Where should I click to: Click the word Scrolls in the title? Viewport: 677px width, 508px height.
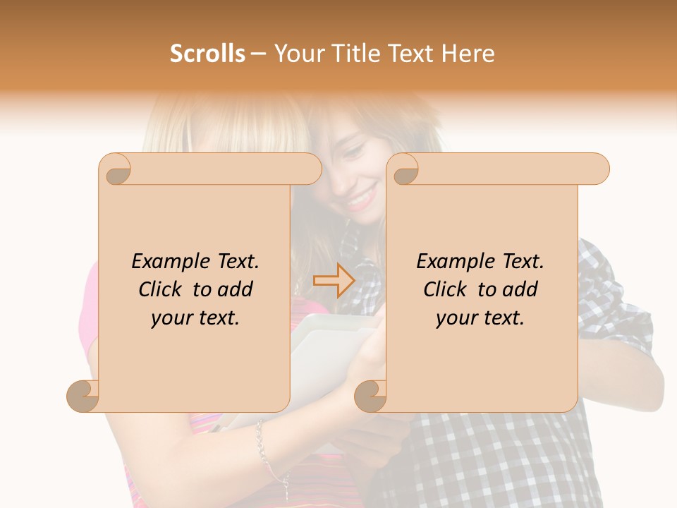click(x=207, y=54)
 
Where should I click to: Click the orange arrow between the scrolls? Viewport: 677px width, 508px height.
click(x=334, y=282)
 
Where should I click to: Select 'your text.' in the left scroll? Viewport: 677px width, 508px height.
click(x=195, y=318)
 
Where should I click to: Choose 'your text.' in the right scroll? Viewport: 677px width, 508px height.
click(x=480, y=318)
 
